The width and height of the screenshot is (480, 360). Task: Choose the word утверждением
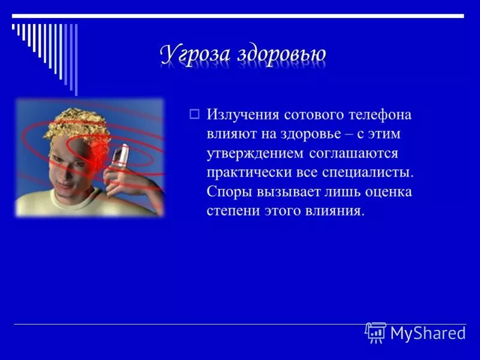pos(255,153)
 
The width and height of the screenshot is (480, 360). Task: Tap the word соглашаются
pos(353,153)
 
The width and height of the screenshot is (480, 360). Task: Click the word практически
pos(247,173)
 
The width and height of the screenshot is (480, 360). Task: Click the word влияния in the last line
pos(337,211)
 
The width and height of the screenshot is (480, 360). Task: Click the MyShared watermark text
pos(427,333)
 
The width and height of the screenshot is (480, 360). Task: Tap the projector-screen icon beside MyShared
pos(376,332)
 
